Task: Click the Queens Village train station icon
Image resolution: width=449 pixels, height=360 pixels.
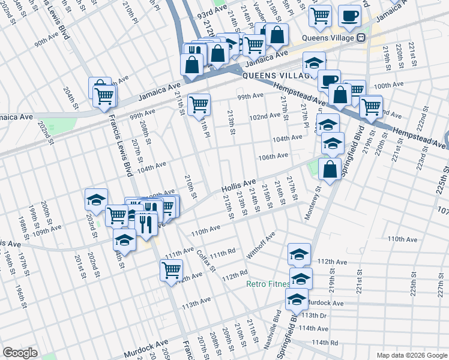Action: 361,37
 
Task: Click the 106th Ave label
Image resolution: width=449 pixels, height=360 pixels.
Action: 273,156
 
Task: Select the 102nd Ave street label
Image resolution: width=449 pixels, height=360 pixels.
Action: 265,116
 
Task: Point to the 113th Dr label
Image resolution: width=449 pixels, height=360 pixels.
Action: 314,315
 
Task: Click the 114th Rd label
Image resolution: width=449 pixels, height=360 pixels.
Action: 325,342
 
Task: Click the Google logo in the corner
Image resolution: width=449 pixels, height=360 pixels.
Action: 20,352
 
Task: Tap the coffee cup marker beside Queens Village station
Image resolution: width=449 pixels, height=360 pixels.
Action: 349,16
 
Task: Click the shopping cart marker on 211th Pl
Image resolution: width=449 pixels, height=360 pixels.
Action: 199,104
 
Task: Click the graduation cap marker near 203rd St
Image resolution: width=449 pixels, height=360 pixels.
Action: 96,200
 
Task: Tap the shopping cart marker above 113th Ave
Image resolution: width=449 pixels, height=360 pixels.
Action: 171,271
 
